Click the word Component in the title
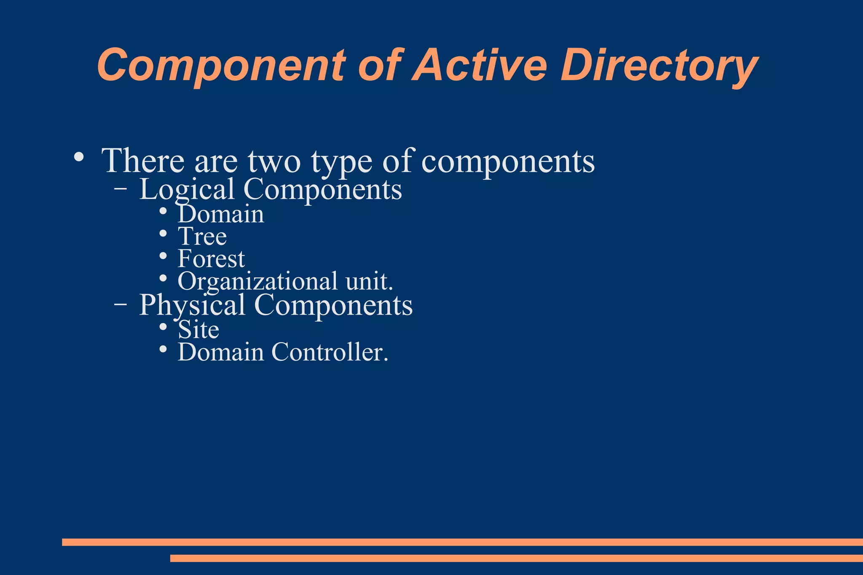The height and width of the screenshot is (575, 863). click(221, 66)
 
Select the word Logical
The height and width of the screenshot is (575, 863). click(187, 190)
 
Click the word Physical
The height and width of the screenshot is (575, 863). click(192, 305)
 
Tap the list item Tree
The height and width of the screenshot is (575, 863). click(202, 236)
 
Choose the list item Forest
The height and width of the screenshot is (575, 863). click(211, 259)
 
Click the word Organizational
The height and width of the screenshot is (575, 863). click(257, 281)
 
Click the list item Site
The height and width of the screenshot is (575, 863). click(198, 329)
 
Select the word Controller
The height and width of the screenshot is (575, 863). click(329, 352)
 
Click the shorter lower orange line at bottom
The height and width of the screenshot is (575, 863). click(516, 558)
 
